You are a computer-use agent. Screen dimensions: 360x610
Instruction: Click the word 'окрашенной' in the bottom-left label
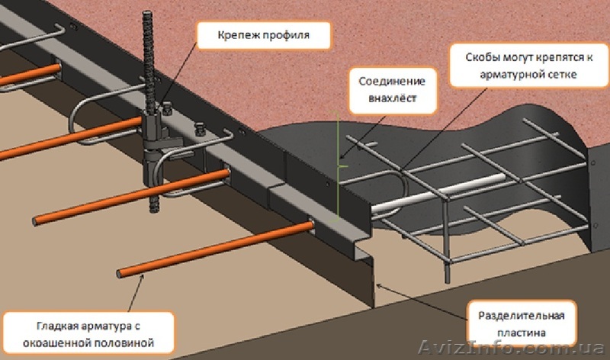click(78, 343)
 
